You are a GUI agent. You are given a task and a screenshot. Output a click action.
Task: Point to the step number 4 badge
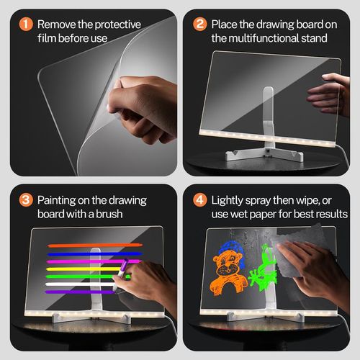point(198,198)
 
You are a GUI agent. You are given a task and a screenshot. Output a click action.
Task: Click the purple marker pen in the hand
point(121,271)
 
